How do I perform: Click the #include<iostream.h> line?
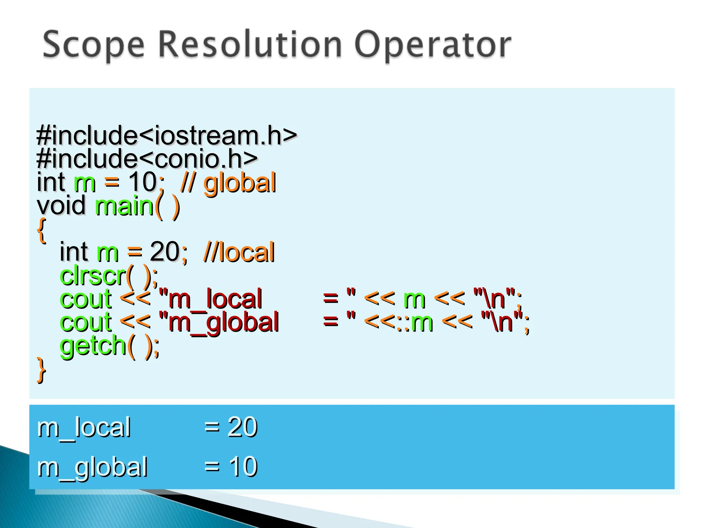[x=167, y=135]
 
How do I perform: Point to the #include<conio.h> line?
[x=147, y=158]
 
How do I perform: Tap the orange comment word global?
[x=240, y=183]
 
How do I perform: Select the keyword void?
[x=61, y=205]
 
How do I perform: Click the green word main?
[x=124, y=206]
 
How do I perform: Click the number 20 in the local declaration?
[x=164, y=252]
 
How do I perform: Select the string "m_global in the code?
[x=219, y=322]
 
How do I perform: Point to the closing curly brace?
[x=42, y=370]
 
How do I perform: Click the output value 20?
[x=242, y=427]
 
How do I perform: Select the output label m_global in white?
[x=92, y=467]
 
